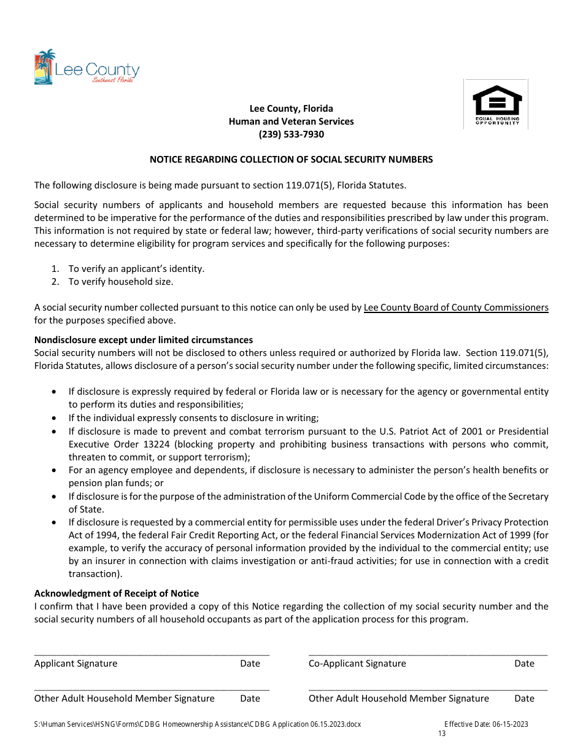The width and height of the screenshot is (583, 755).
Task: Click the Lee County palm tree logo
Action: click(45, 66)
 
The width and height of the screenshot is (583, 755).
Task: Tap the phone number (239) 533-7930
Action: click(291, 134)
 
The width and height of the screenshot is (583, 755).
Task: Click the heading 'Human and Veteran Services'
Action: click(291, 122)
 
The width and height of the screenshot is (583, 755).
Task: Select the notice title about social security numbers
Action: click(291, 160)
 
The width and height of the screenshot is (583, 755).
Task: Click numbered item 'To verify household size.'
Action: click(121, 282)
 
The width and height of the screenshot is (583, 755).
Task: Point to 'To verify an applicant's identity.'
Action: click(136, 269)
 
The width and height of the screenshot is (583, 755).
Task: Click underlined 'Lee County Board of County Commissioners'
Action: click(456, 308)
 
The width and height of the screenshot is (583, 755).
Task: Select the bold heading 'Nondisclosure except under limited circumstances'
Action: click(144, 340)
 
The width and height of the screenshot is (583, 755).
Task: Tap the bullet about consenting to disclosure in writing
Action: click(193, 418)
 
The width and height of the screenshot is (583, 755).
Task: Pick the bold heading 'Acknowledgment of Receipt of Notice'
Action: click(117, 594)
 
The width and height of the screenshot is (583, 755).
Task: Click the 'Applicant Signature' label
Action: click(75, 664)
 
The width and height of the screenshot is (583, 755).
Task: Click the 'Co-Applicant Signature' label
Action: click(357, 664)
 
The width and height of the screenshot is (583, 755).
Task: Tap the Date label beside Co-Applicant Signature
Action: click(524, 664)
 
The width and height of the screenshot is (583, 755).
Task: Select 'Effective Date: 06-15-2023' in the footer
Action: click(486, 724)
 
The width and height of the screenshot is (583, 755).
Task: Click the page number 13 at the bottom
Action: click(442, 734)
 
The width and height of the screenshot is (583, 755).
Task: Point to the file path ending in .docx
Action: click(198, 724)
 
